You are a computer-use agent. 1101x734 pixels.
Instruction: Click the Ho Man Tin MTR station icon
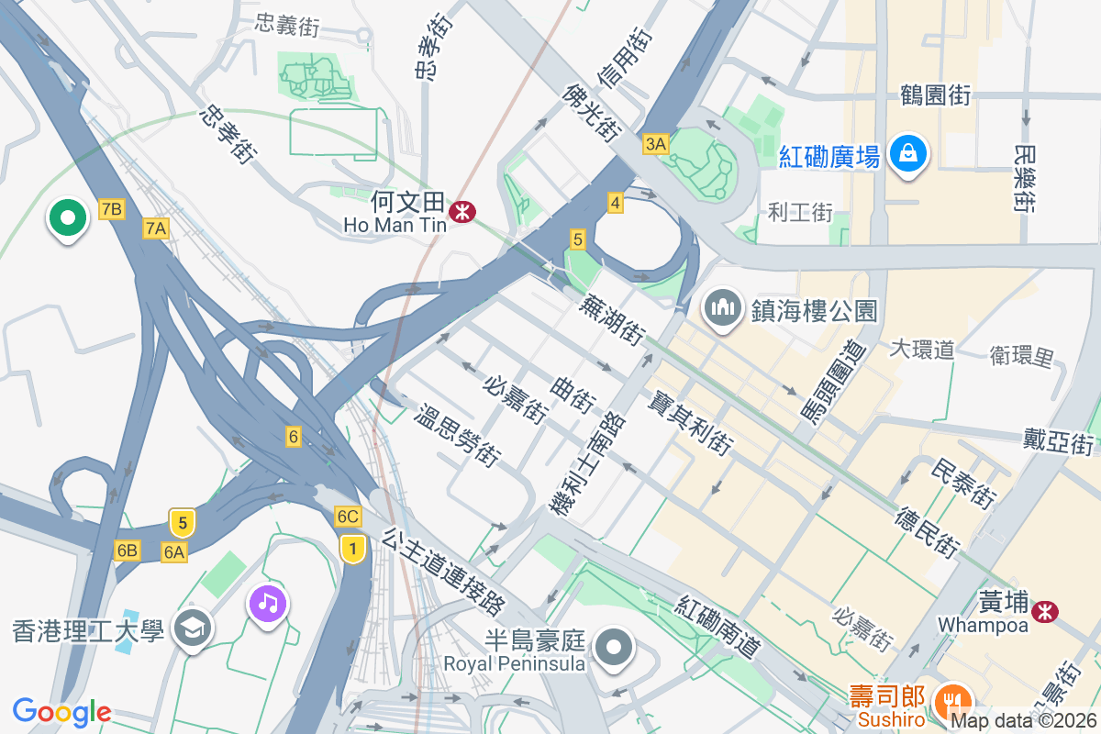[462, 212]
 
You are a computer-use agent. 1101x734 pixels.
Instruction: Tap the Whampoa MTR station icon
[1044, 611]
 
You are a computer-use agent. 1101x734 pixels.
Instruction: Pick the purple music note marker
[267, 603]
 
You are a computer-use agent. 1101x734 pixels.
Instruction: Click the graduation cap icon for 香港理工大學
[193, 628]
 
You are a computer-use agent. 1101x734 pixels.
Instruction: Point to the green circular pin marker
[67, 218]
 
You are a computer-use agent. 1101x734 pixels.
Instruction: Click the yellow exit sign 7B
[111, 209]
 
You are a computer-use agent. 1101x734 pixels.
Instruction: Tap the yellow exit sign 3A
[656, 144]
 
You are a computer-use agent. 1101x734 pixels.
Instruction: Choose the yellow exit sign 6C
[347, 517]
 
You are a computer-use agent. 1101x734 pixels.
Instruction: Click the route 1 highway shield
[351, 549]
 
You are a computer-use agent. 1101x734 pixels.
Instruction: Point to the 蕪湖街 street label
[610, 319]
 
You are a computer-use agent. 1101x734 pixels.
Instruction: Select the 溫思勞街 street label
[457, 435]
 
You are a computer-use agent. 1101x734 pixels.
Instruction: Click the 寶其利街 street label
[689, 423]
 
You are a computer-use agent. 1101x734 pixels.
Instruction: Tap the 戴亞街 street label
[1060, 442]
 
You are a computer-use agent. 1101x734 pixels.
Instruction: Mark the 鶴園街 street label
[935, 95]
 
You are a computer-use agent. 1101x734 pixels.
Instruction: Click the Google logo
[61, 711]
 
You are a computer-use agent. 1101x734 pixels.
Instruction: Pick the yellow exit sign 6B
[127, 550]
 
